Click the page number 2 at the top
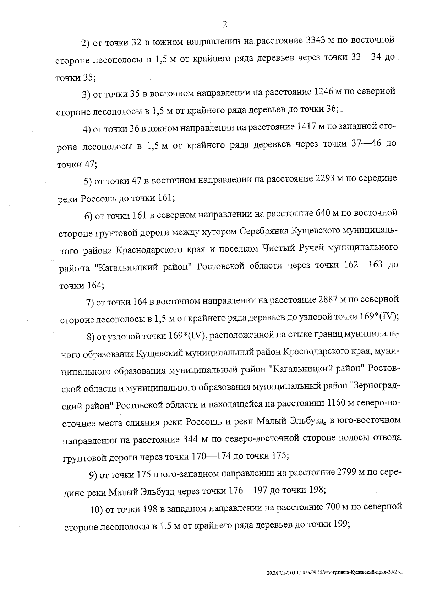coord(224,24)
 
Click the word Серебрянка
coord(264,231)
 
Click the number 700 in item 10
coord(333,507)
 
